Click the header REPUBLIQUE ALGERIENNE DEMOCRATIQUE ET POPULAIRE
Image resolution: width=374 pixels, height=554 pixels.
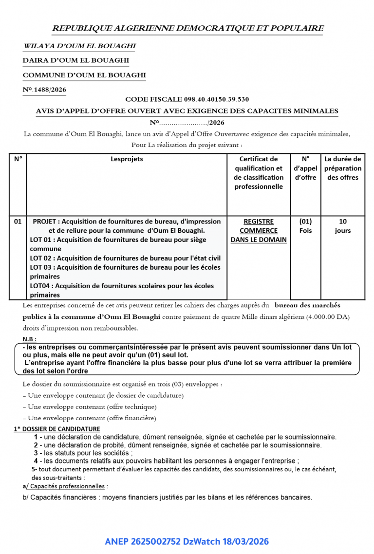coord(187,28)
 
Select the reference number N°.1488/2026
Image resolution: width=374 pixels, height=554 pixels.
coord(44,90)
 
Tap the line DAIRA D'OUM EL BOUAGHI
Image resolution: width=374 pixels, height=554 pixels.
coord(75,61)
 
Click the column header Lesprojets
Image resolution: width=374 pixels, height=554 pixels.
coord(127,159)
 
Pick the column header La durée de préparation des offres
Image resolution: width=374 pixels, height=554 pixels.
coord(343,168)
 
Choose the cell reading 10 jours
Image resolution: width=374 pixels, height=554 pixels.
coord(343,226)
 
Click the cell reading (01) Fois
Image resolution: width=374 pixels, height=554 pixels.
coord(305,226)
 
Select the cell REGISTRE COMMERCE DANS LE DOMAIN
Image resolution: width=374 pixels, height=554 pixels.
coord(259,230)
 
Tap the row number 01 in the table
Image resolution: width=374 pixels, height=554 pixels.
coord(18,222)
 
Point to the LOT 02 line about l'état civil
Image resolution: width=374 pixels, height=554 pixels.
coord(125,258)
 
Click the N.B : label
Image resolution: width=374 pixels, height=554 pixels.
coord(30,339)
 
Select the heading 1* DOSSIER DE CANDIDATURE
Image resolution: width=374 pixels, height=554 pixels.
coord(57,429)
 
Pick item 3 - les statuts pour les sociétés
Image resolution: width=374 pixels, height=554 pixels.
coord(83,453)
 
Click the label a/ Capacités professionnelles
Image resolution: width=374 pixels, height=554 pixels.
coord(65,486)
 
